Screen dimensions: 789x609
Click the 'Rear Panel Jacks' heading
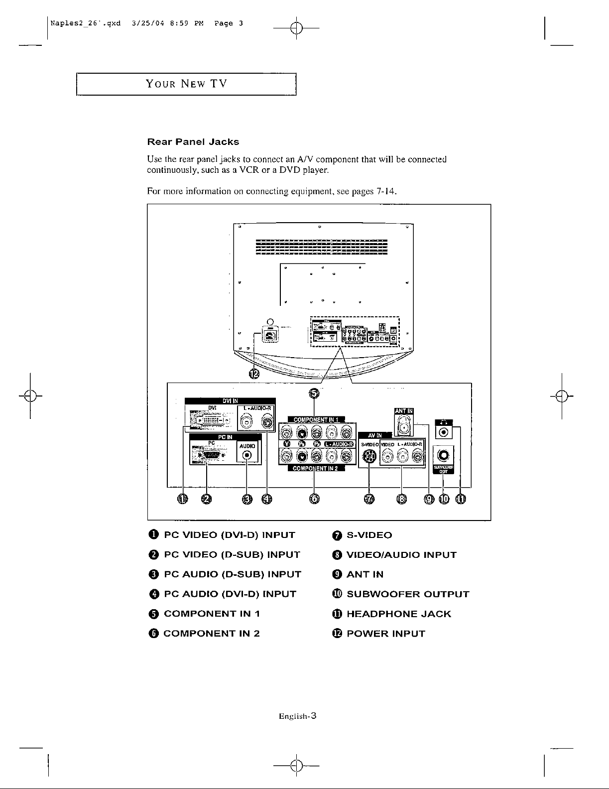[193, 142]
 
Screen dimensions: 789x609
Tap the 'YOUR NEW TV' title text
[186, 84]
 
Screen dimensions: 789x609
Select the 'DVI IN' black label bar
[230, 401]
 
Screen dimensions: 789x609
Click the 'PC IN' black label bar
[225, 437]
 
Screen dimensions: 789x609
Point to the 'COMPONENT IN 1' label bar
[316, 419]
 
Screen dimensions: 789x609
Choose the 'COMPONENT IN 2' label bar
[315, 468]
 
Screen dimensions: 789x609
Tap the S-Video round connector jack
[369, 456]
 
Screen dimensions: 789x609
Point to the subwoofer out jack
[443, 455]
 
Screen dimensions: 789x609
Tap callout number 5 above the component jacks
[314, 394]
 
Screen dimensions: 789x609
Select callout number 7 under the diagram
[368, 499]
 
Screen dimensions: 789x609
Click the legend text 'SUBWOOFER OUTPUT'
[408, 594]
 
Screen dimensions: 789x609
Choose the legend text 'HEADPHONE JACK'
[398, 614]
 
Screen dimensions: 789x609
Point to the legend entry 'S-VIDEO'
[369, 535]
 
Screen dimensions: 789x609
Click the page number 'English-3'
[298, 716]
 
